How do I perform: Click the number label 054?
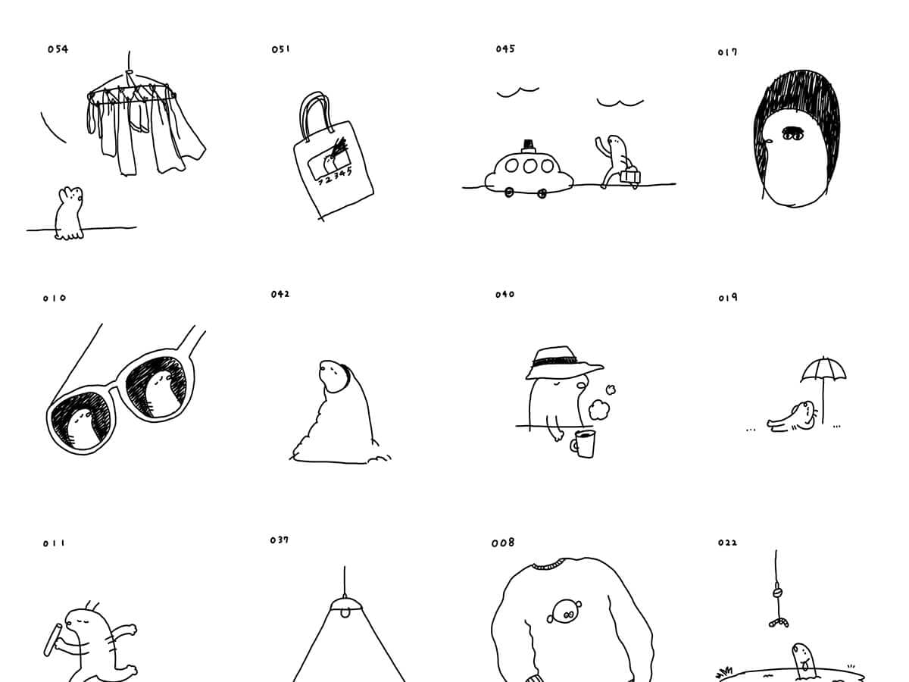click(58, 49)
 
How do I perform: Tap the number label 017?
click(727, 52)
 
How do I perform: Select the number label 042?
click(280, 295)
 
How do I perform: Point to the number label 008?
click(503, 543)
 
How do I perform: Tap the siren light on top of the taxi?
click(529, 145)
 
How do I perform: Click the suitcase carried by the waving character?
click(630, 176)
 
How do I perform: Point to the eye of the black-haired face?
click(792, 134)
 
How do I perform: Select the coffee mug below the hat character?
click(583, 444)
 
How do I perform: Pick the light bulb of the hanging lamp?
click(345, 612)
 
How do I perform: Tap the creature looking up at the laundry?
click(69, 214)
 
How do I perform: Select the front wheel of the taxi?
click(509, 192)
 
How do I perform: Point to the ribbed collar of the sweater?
click(548, 565)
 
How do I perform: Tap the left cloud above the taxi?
click(517, 92)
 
